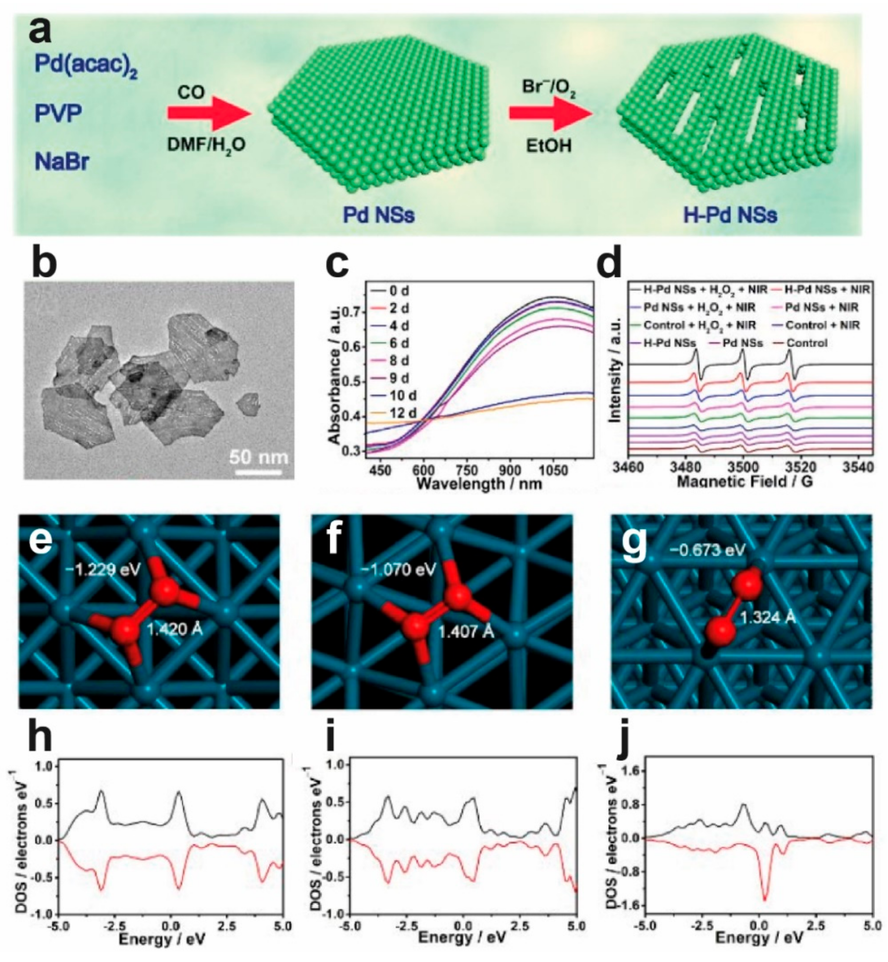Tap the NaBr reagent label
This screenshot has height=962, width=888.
point(62,162)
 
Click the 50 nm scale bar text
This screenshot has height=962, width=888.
point(259,456)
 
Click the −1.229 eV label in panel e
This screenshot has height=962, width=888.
point(104,570)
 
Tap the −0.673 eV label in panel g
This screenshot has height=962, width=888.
point(709,549)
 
